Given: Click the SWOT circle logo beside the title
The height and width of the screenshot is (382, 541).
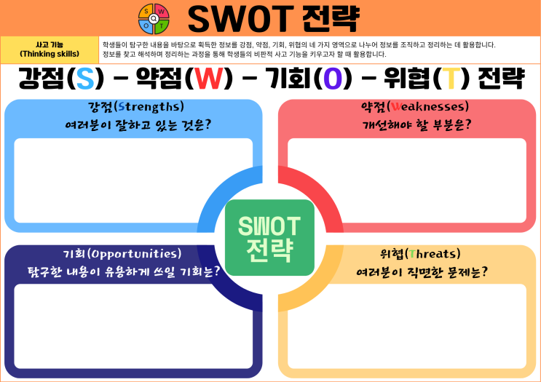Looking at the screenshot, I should point(154,18).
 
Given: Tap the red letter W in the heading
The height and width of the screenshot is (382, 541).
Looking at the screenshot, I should point(205,78).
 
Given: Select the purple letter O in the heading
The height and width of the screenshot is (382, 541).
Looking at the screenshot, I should point(333,78).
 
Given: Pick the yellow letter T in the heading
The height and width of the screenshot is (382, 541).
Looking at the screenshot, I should point(452,78).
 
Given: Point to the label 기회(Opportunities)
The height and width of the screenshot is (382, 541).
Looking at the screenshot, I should point(122,254).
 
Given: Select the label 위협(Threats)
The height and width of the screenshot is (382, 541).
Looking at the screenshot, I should point(420,254).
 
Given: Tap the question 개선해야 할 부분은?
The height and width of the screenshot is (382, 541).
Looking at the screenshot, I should point(416,124).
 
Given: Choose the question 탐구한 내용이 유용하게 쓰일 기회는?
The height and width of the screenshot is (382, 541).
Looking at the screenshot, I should point(124,271).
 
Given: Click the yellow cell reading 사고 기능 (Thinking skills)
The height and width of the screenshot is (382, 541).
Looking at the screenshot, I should point(50,49).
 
